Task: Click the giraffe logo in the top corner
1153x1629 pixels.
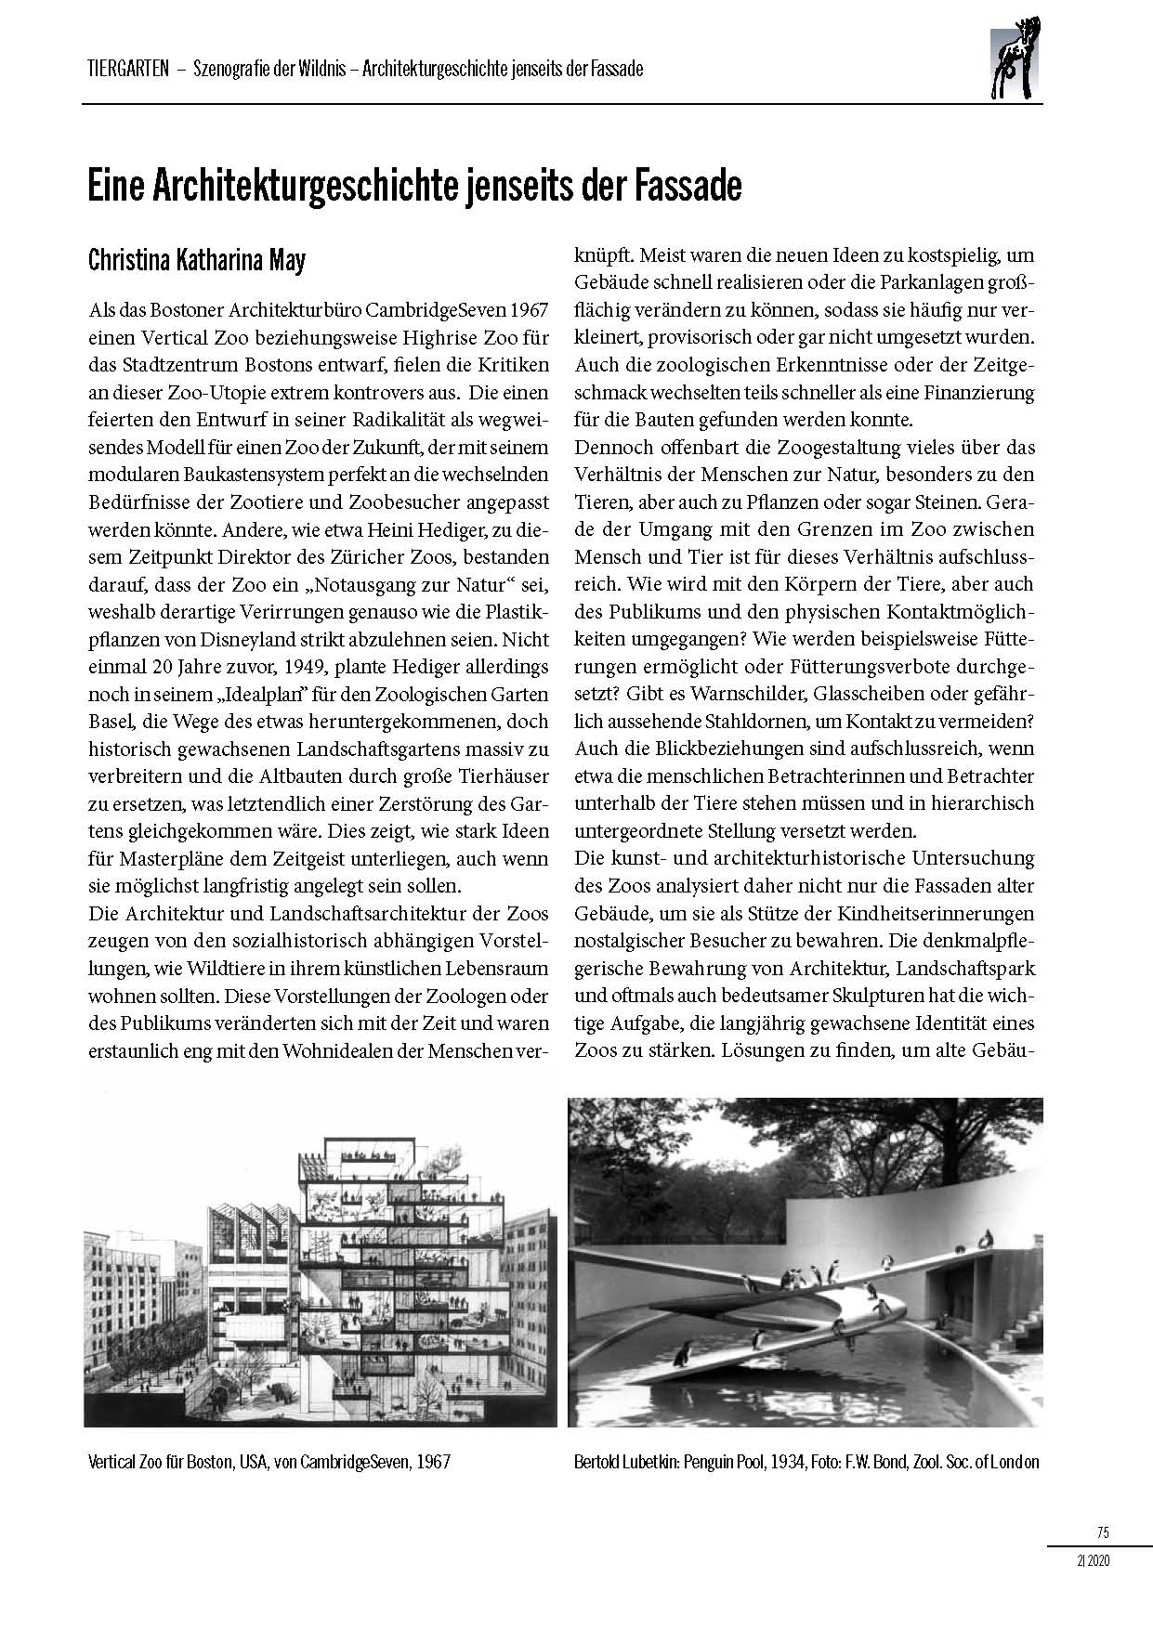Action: click(x=1016, y=62)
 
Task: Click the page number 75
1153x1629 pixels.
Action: click(x=1103, y=1532)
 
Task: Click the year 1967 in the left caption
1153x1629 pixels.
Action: click(x=433, y=1462)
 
